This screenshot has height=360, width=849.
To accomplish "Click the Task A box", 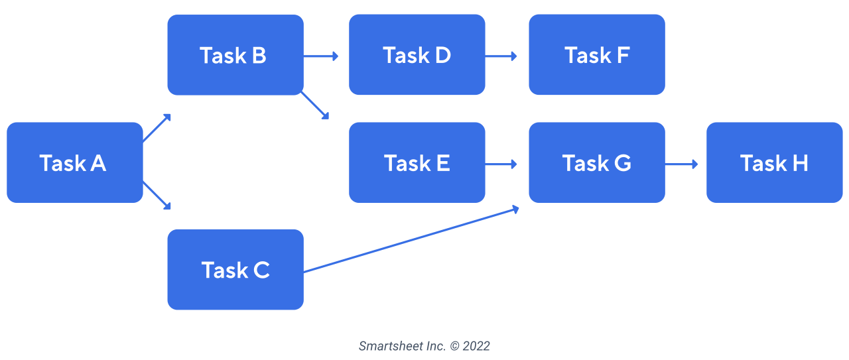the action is click(x=75, y=162).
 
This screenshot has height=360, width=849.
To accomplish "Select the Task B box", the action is click(x=235, y=55).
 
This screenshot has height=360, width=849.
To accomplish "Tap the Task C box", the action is click(x=235, y=269).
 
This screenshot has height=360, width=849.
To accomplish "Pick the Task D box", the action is click(x=417, y=54).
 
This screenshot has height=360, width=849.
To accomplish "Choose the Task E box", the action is click(x=417, y=162).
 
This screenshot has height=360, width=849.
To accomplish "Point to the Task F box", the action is click(x=597, y=54).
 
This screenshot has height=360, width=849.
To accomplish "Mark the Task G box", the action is click(x=597, y=162).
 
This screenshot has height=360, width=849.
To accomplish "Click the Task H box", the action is click(x=774, y=162).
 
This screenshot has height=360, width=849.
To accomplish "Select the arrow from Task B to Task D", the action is click(x=320, y=56).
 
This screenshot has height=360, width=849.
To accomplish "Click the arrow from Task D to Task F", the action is click(x=501, y=56).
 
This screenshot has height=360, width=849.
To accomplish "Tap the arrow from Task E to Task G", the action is click(x=501, y=164).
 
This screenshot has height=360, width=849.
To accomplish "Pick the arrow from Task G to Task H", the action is click(x=681, y=164).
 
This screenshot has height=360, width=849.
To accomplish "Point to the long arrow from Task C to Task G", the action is click(x=411, y=239).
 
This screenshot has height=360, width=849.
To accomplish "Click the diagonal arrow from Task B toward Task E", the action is click(x=314, y=105).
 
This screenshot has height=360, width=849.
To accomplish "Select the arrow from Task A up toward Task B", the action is click(x=157, y=128).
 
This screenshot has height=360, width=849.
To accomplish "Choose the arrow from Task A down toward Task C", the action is click(x=157, y=195).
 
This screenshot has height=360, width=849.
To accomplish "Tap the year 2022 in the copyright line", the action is click(x=476, y=346).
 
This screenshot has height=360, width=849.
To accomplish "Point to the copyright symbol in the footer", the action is click(x=454, y=346).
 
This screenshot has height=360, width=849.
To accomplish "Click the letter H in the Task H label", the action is click(x=800, y=163).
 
